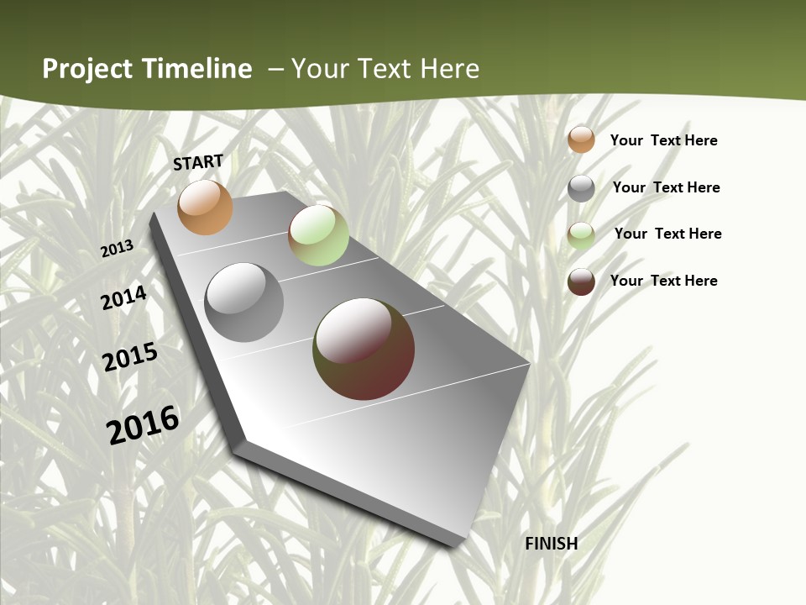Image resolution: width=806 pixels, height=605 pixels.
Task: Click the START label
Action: point(198,162)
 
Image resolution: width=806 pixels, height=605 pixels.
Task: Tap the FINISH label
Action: point(552,544)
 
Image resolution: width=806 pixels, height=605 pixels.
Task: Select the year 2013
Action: point(118,248)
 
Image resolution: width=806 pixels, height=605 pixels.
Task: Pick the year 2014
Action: point(123,298)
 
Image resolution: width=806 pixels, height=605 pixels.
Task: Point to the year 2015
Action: point(130,357)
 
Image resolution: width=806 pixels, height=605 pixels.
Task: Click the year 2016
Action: point(143,424)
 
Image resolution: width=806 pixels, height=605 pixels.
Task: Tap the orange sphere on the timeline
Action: point(205,207)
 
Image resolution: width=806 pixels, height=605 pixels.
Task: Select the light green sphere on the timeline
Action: point(318,235)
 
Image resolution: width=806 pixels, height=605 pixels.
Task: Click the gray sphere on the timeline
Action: point(244,302)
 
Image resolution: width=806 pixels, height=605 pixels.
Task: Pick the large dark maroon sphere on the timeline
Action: point(364,349)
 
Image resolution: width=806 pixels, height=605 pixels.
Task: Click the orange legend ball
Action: point(581,139)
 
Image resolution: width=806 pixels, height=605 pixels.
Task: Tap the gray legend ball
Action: point(581,188)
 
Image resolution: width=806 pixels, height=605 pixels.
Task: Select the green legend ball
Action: point(581,235)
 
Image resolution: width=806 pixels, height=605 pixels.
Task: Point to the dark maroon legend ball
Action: point(581,281)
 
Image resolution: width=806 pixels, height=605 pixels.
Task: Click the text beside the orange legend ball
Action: point(663,140)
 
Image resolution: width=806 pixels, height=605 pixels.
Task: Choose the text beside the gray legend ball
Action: point(666,187)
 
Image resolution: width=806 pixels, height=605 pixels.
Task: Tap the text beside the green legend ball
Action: point(667,234)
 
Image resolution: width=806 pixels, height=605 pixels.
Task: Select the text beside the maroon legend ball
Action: point(663,281)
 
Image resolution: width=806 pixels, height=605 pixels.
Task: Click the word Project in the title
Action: point(87,69)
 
